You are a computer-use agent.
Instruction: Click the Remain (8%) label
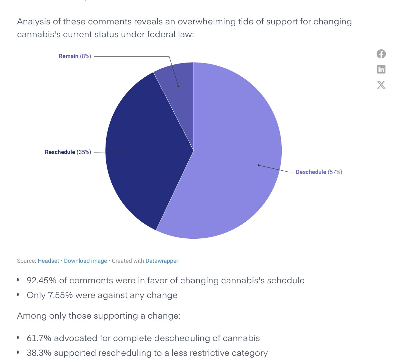click(x=75, y=56)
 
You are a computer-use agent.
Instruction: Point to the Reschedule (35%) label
click(x=68, y=152)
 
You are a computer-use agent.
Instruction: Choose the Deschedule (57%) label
click(x=319, y=172)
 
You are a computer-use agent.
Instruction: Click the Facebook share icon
click(x=381, y=54)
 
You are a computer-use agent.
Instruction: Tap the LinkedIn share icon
click(x=381, y=69)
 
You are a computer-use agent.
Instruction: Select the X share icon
click(x=381, y=85)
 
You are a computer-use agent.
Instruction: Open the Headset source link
click(x=48, y=261)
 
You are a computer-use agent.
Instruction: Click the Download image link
click(x=85, y=261)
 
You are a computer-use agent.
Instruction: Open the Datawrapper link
click(x=162, y=261)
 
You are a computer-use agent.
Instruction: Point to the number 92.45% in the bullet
click(x=41, y=280)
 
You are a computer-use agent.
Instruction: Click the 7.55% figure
click(x=60, y=295)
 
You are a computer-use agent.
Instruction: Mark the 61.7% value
click(x=39, y=338)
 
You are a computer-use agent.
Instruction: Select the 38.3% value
click(x=39, y=353)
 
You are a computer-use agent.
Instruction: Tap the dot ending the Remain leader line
click(x=178, y=86)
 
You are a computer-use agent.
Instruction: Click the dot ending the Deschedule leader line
click(x=259, y=165)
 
